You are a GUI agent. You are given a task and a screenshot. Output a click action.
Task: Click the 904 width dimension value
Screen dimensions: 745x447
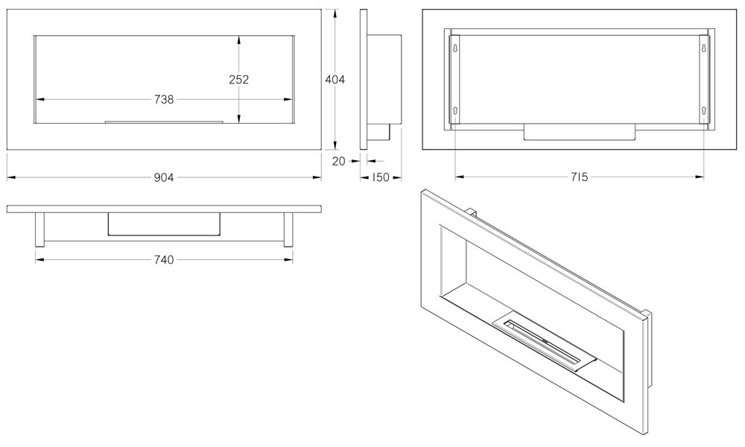tap(164, 177)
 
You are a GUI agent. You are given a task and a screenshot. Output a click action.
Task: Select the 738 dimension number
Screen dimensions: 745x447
tap(164, 100)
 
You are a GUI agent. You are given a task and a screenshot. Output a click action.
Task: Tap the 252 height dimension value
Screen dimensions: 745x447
tap(238, 79)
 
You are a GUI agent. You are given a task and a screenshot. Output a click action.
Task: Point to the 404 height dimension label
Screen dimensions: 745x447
tap(335, 80)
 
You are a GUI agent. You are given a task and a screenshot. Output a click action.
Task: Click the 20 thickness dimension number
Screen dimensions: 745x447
tap(339, 162)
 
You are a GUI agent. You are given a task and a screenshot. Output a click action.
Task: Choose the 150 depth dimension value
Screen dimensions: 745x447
tap(380, 177)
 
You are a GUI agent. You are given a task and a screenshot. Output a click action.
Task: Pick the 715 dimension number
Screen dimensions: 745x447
tap(579, 177)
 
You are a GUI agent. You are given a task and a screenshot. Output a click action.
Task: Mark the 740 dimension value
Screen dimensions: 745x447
tap(164, 260)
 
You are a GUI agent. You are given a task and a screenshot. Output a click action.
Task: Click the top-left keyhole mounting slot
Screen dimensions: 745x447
tap(456, 48)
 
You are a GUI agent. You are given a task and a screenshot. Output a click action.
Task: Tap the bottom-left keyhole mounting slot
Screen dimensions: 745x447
tap(456, 110)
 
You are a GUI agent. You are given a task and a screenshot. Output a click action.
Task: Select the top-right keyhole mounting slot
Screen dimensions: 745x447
tap(704, 48)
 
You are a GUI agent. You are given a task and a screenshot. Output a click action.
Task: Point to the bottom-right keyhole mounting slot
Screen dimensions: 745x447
tap(704, 110)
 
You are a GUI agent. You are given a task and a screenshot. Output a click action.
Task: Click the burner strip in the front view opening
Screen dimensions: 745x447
tap(164, 121)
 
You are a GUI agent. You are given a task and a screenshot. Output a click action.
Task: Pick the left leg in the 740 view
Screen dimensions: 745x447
tap(40, 229)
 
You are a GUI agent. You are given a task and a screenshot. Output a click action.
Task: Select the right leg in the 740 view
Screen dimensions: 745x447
tap(288, 229)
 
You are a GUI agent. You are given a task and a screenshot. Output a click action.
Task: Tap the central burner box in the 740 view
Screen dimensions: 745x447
tap(164, 223)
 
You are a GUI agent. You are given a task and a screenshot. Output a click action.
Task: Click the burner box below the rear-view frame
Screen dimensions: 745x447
tap(579, 132)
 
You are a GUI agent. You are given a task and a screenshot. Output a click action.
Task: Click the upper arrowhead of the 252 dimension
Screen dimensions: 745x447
tap(238, 40)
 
